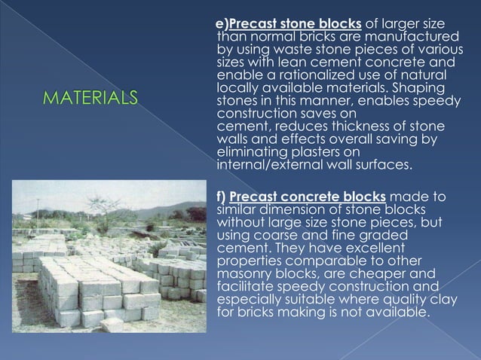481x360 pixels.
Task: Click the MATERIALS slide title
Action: (91, 97)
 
